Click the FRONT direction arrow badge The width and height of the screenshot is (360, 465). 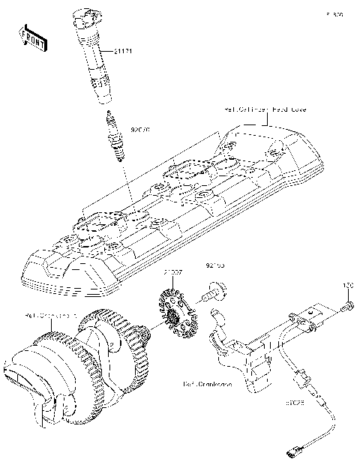point(33,39)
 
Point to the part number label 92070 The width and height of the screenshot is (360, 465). point(141,130)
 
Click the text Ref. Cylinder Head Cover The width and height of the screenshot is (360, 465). point(261,109)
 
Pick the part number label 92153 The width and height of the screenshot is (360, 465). point(215,265)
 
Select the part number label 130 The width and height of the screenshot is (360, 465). point(347,286)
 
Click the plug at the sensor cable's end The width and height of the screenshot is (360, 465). point(291,451)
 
